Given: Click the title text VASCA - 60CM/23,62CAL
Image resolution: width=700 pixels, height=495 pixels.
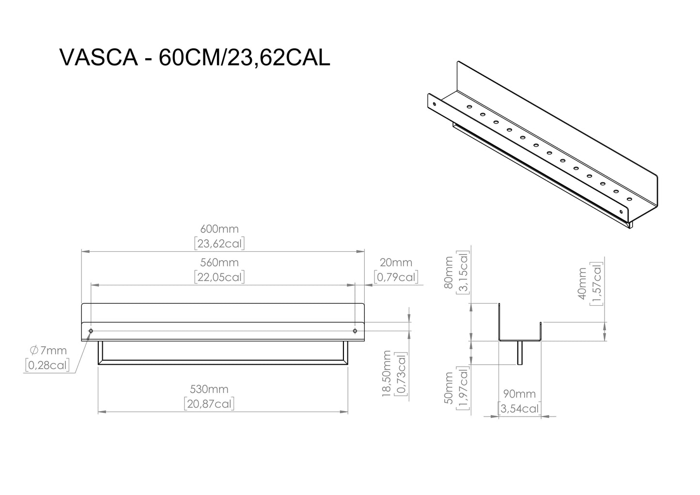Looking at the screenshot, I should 194,58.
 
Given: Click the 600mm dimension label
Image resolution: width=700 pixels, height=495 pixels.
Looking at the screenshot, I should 219,229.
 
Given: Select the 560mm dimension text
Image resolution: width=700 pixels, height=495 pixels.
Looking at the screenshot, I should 219,263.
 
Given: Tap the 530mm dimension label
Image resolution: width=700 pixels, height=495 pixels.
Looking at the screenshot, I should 209,389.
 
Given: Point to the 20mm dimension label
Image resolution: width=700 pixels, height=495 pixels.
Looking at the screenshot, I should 396,263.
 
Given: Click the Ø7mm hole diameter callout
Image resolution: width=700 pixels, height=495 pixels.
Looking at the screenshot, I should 48,350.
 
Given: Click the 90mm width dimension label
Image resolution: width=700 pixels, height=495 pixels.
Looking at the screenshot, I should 519,394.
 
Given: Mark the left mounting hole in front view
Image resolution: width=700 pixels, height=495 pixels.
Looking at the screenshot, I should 91,331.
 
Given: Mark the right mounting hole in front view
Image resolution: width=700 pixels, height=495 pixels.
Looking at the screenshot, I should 355,331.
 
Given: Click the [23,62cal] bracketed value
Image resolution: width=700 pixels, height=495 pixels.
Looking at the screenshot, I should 219,243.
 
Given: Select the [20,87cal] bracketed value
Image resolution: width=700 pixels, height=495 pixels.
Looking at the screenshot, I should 209,403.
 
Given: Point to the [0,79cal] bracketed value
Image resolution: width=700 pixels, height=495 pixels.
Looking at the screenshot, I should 396,277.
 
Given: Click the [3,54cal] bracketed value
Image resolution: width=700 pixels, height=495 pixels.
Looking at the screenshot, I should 519,409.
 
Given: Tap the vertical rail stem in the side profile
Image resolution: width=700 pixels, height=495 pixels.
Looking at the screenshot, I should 520,353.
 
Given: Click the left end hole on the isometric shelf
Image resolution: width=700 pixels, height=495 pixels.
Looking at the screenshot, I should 435,103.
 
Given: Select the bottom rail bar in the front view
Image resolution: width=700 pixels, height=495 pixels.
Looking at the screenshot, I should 223,362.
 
